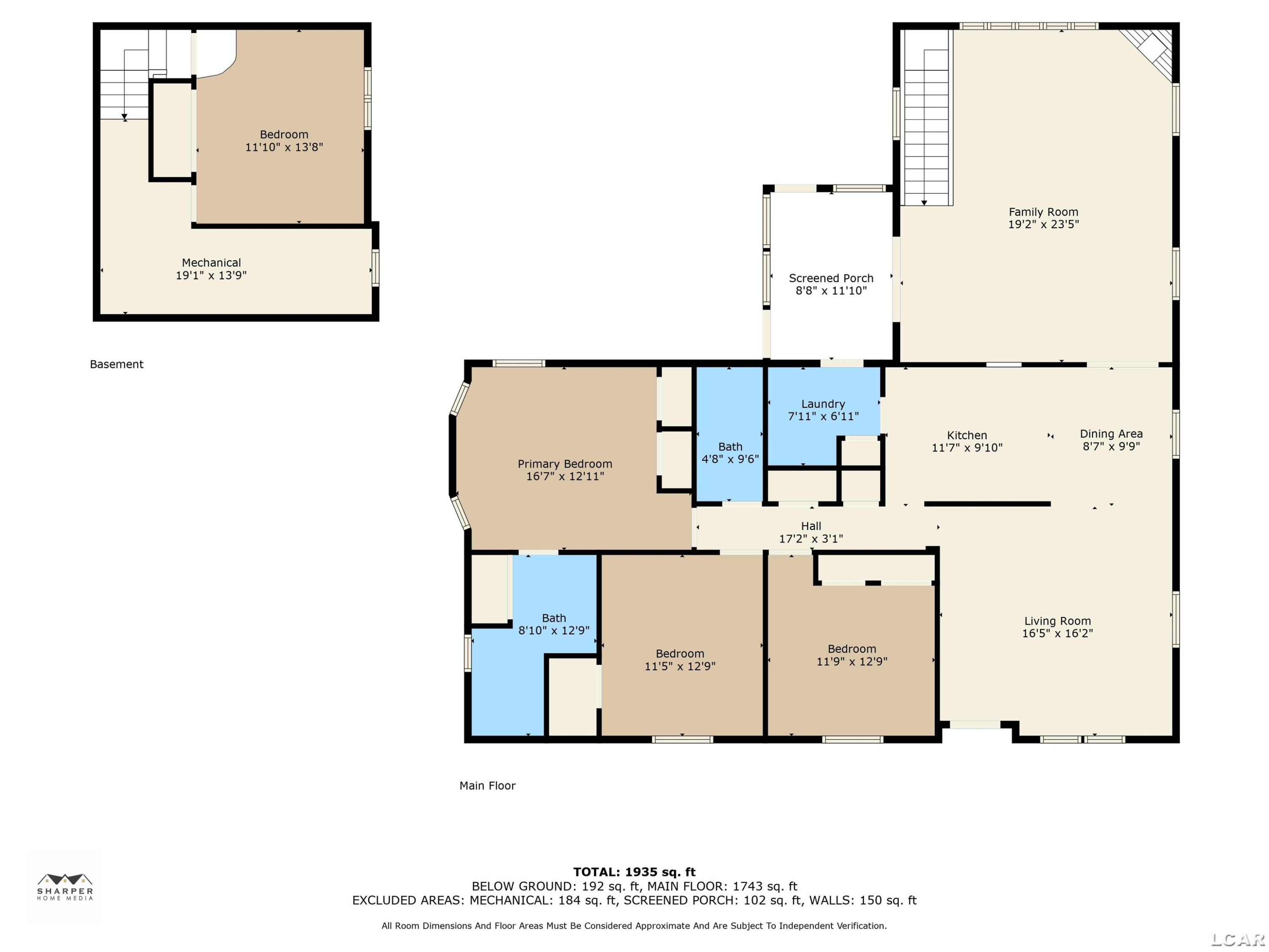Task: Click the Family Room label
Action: (x=1043, y=212)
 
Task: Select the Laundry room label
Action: (x=823, y=404)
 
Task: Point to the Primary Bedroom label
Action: (x=565, y=464)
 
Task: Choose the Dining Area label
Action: (x=1111, y=434)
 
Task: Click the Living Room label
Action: (x=1057, y=621)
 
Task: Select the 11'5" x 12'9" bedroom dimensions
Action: (x=680, y=666)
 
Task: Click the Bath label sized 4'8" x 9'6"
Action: (x=730, y=446)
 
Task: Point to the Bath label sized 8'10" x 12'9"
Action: (x=554, y=618)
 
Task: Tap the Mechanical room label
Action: (x=211, y=263)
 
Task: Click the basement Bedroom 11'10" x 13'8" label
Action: (x=284, y=134)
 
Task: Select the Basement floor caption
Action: (x=116, y=364)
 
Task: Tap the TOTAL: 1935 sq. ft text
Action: (x=634, y=872)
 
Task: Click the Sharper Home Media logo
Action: (x=65, y=886)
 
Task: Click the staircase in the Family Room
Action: (x=926, y=118)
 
